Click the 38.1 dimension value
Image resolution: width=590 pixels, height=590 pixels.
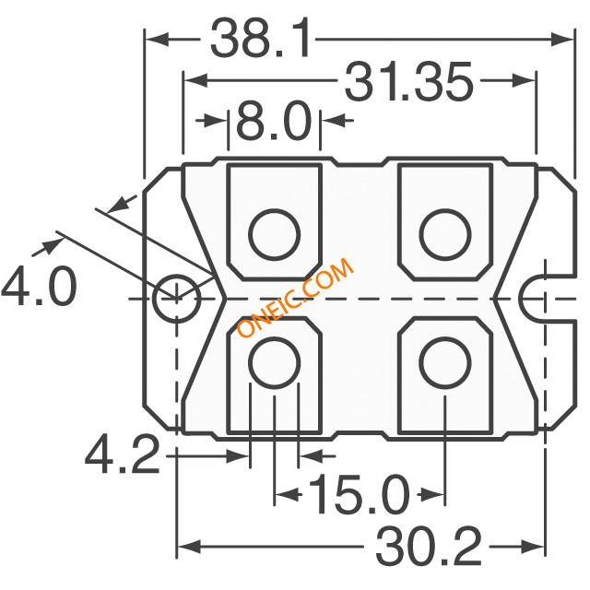[x=261, y=39]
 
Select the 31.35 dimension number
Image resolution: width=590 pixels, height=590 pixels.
[x=408, y=81]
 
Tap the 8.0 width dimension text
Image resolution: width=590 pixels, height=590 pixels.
[x=274, y=121]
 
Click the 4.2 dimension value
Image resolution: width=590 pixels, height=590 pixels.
[x=123, y=454]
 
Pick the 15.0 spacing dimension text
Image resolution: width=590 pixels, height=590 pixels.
[x=359, y=494]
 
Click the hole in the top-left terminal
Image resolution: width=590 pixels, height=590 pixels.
[x=275, y=234]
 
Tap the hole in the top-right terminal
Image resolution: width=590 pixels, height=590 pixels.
[x=445, y=234]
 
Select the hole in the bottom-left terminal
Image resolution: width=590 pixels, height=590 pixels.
[x=275, y=362]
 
